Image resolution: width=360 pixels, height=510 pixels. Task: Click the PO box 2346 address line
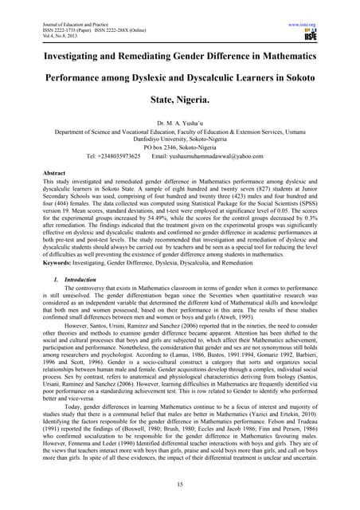point(180,145)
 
